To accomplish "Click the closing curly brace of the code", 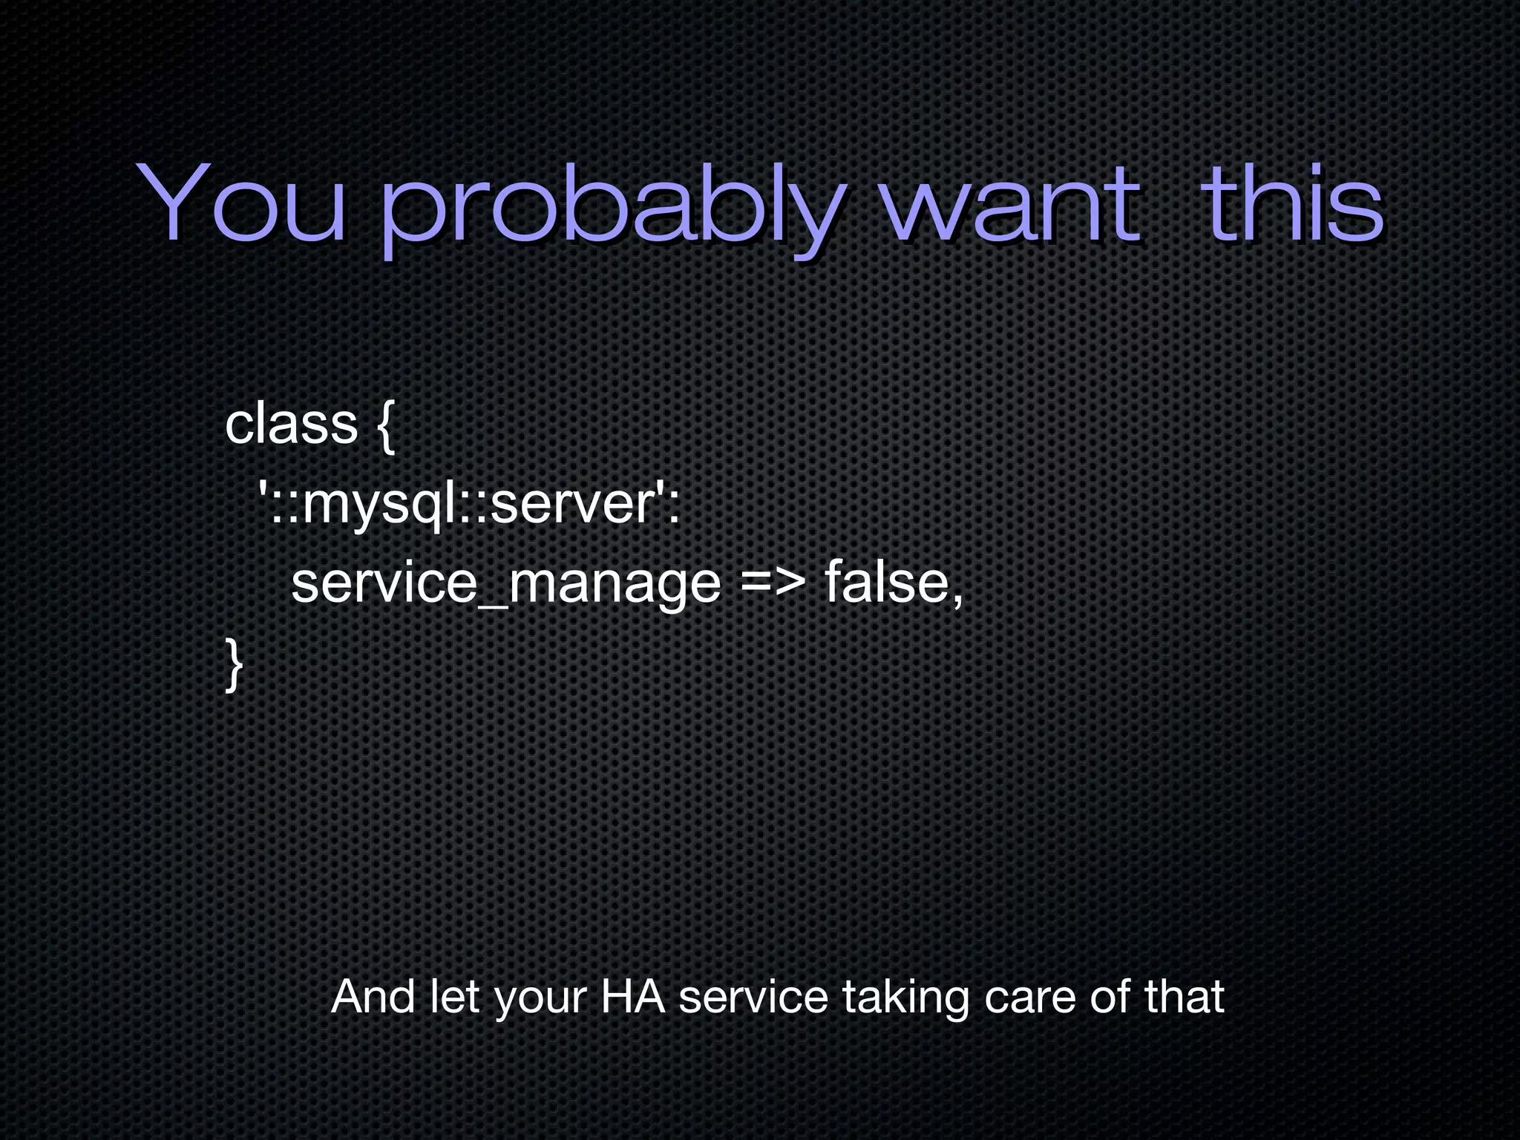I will point(234,665).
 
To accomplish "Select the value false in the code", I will point(887,583).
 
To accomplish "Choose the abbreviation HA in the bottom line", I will point(632,996).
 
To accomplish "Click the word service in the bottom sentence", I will point(753,996).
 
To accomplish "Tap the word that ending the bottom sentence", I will point(1184,996).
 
